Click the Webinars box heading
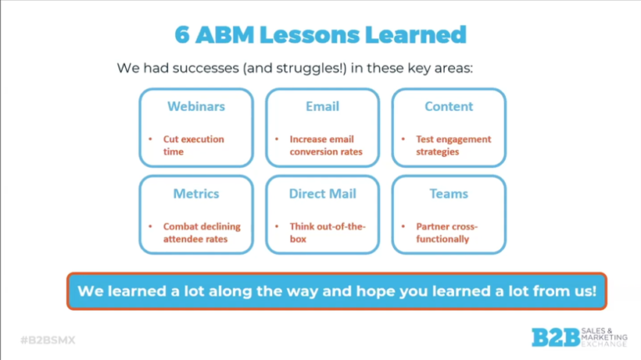(196, 106)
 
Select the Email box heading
(322, 106)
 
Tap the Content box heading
(449, 106)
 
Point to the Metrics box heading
(196, 194)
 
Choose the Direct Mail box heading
(322, 194)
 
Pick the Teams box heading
(449, 194)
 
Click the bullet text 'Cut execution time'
(194, 145)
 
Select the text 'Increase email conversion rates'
(326, 145)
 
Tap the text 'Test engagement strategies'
(454, 145)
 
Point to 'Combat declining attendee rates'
(202, 232)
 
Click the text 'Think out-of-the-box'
(327, 232)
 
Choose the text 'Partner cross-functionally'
(447, 232)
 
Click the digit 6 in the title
(182, 35)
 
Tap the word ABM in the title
(225, 35)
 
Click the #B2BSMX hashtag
(48, 340)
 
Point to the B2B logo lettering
(556, 337)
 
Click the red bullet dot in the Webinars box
(150, 139)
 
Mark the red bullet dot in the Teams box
(403, 226)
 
